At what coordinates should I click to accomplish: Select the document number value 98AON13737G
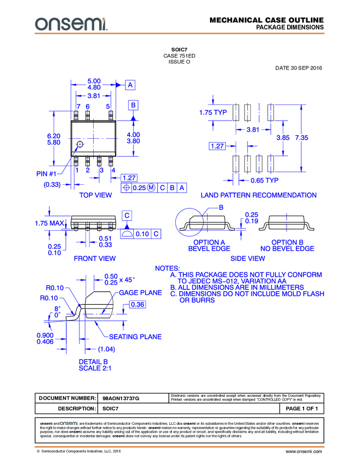click(x=121, y=399)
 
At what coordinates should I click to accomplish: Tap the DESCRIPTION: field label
click(x=77, y=409)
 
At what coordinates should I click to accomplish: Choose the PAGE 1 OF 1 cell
click(x=301, y=409)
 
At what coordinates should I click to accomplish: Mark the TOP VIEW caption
click(x=96, y=195)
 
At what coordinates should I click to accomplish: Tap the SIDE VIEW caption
click(x=248, y=257)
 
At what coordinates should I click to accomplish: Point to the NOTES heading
click(x=167, y=268)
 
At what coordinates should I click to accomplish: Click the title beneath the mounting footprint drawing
click(x=259, y=195)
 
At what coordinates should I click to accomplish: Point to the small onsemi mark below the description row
click(x=69, y=423)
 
